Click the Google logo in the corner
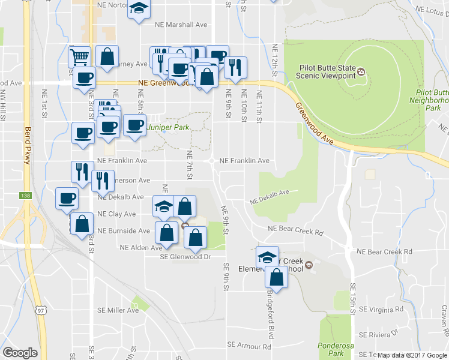pos(20,353)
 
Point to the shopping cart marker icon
pos(79,58)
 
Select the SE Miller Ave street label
pos(118,310)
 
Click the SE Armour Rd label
pos(249,346)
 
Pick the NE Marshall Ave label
pos(181,25)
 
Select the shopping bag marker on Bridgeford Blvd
pos(277,277)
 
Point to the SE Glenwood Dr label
pos(186,257)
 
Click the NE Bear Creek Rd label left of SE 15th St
pos(296,229)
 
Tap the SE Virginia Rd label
pos(382,310)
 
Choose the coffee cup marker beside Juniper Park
pos(135,125)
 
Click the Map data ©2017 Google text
pos(412,355)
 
